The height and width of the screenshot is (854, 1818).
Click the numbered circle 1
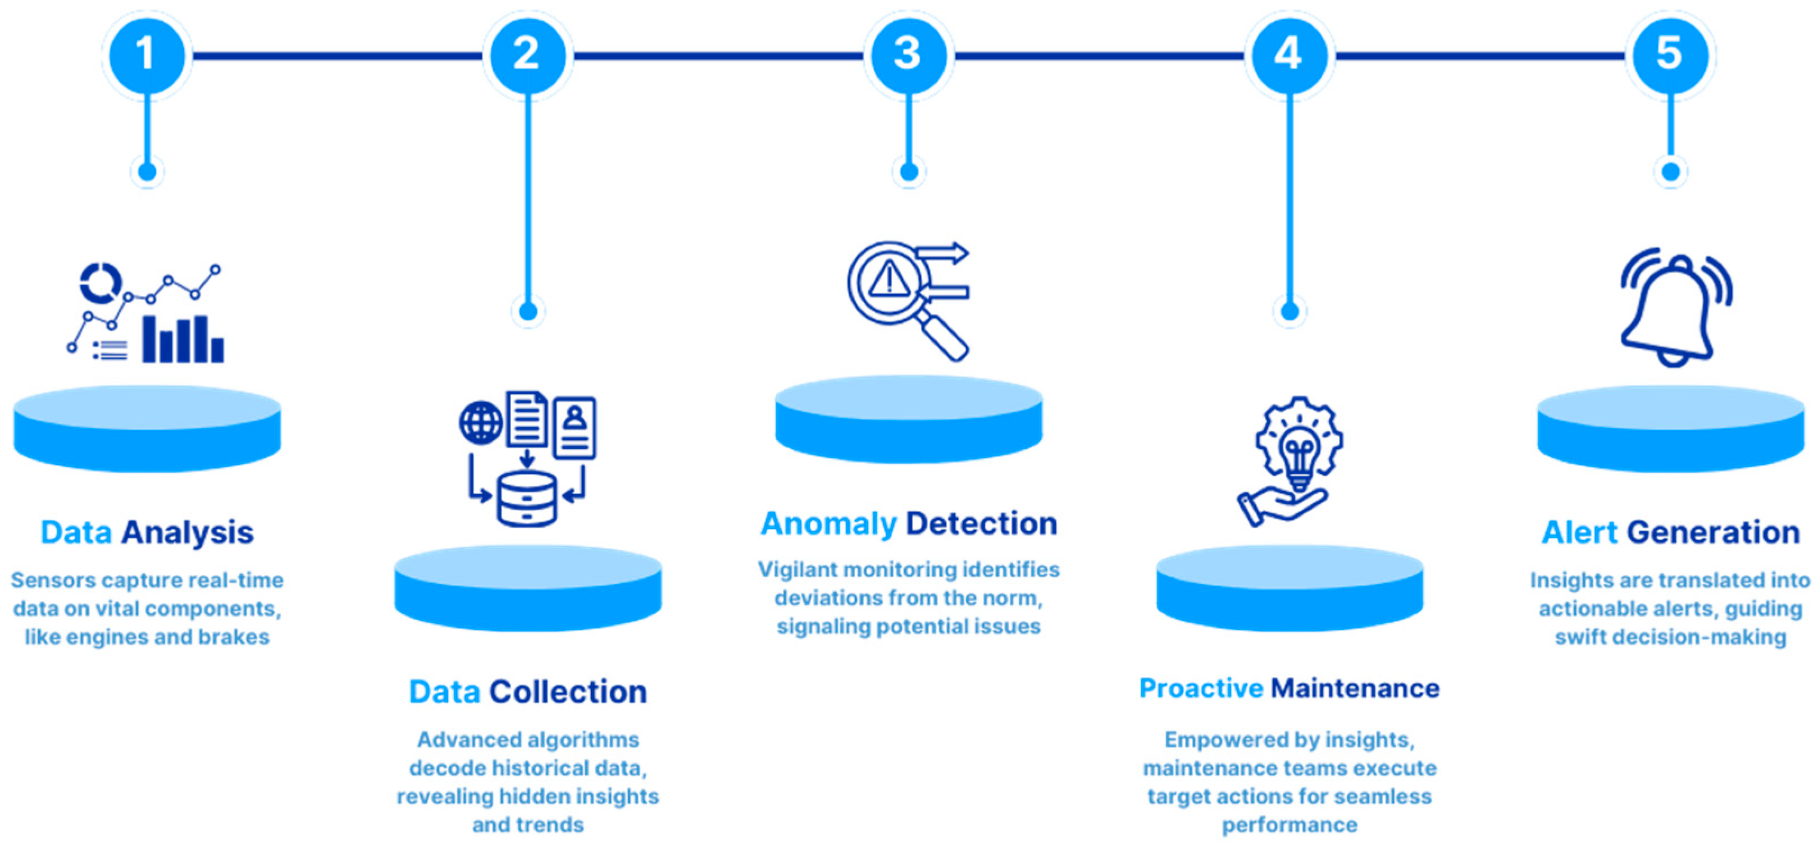147,54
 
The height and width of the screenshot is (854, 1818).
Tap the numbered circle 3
908,54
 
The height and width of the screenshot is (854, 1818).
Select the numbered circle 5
1670,54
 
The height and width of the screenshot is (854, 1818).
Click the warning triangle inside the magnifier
889,280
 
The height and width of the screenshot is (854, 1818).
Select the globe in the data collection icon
481,423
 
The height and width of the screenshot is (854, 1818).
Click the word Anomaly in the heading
828,524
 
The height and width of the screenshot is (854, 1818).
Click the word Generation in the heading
1714,532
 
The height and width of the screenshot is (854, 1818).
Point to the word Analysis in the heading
187,532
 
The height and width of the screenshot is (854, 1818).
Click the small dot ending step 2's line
528,311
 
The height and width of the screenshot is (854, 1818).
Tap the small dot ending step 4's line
1290,311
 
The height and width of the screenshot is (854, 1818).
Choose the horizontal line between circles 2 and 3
718,55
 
